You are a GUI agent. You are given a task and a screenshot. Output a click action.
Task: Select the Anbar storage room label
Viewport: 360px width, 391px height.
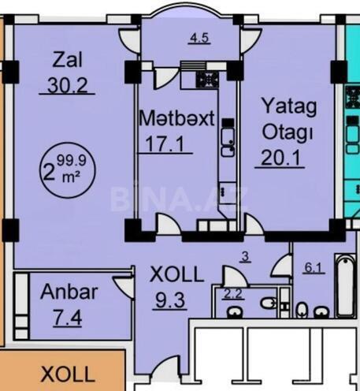[x=69, y=292]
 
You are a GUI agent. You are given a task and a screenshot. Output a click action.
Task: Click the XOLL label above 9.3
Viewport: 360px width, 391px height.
[x=177, y=276]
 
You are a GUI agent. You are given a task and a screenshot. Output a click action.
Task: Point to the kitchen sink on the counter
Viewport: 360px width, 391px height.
[x=226, y=138]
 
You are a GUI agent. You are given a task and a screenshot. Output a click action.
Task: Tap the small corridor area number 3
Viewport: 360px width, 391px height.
[x=245, y=255]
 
